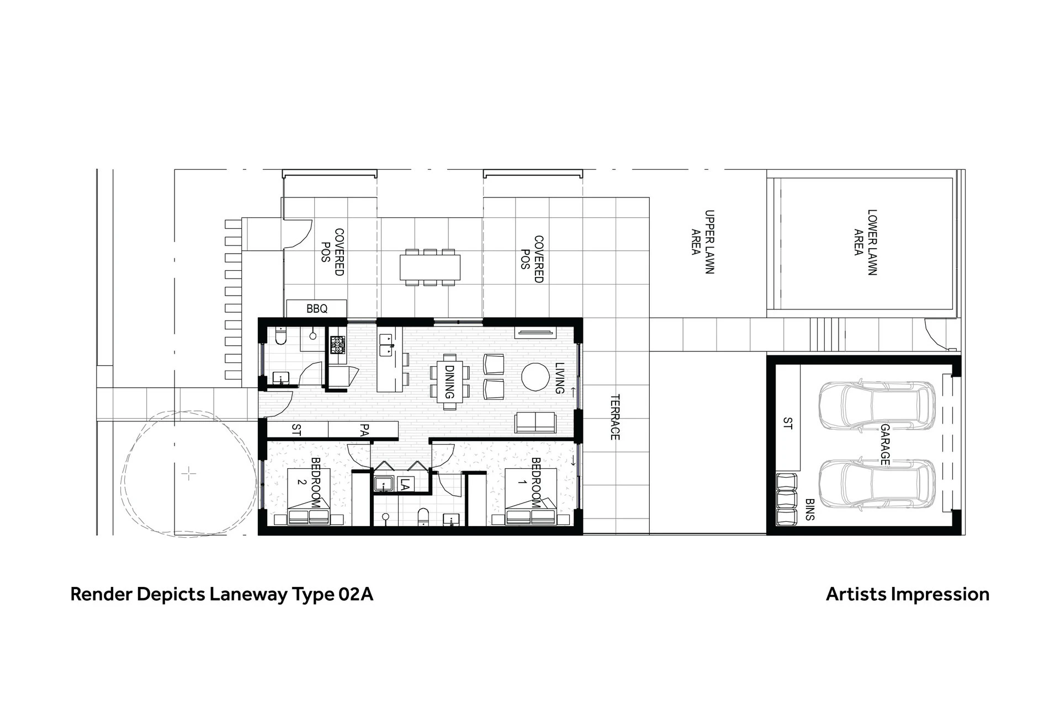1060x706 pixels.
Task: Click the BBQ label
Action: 317,309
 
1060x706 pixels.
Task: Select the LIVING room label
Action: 559,378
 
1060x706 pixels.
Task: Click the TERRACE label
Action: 615,417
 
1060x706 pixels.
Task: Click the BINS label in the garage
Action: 810,510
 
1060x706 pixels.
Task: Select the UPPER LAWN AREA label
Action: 703,242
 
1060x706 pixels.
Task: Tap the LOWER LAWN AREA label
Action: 865,242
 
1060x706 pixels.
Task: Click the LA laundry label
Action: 405,485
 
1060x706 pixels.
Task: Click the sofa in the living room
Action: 535,423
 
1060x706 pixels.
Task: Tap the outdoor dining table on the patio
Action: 430,267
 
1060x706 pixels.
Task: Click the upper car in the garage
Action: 877,405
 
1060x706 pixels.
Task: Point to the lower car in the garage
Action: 877,484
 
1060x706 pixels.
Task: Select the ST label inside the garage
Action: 788,424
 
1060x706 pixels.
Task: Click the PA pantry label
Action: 363,430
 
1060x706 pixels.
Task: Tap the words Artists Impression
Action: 908,595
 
